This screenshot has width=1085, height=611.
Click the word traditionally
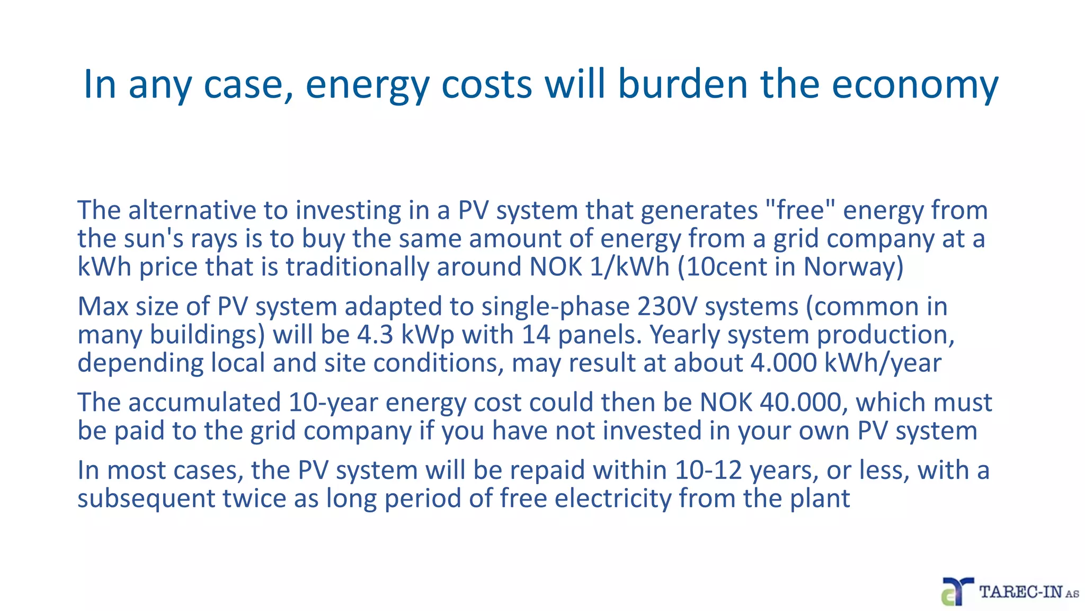(x=358, y=266)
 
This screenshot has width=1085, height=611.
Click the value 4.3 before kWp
(x=375, y=335)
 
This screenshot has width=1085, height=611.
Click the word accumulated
(x=204, y=402)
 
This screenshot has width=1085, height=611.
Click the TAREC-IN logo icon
(x=957, y=591)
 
